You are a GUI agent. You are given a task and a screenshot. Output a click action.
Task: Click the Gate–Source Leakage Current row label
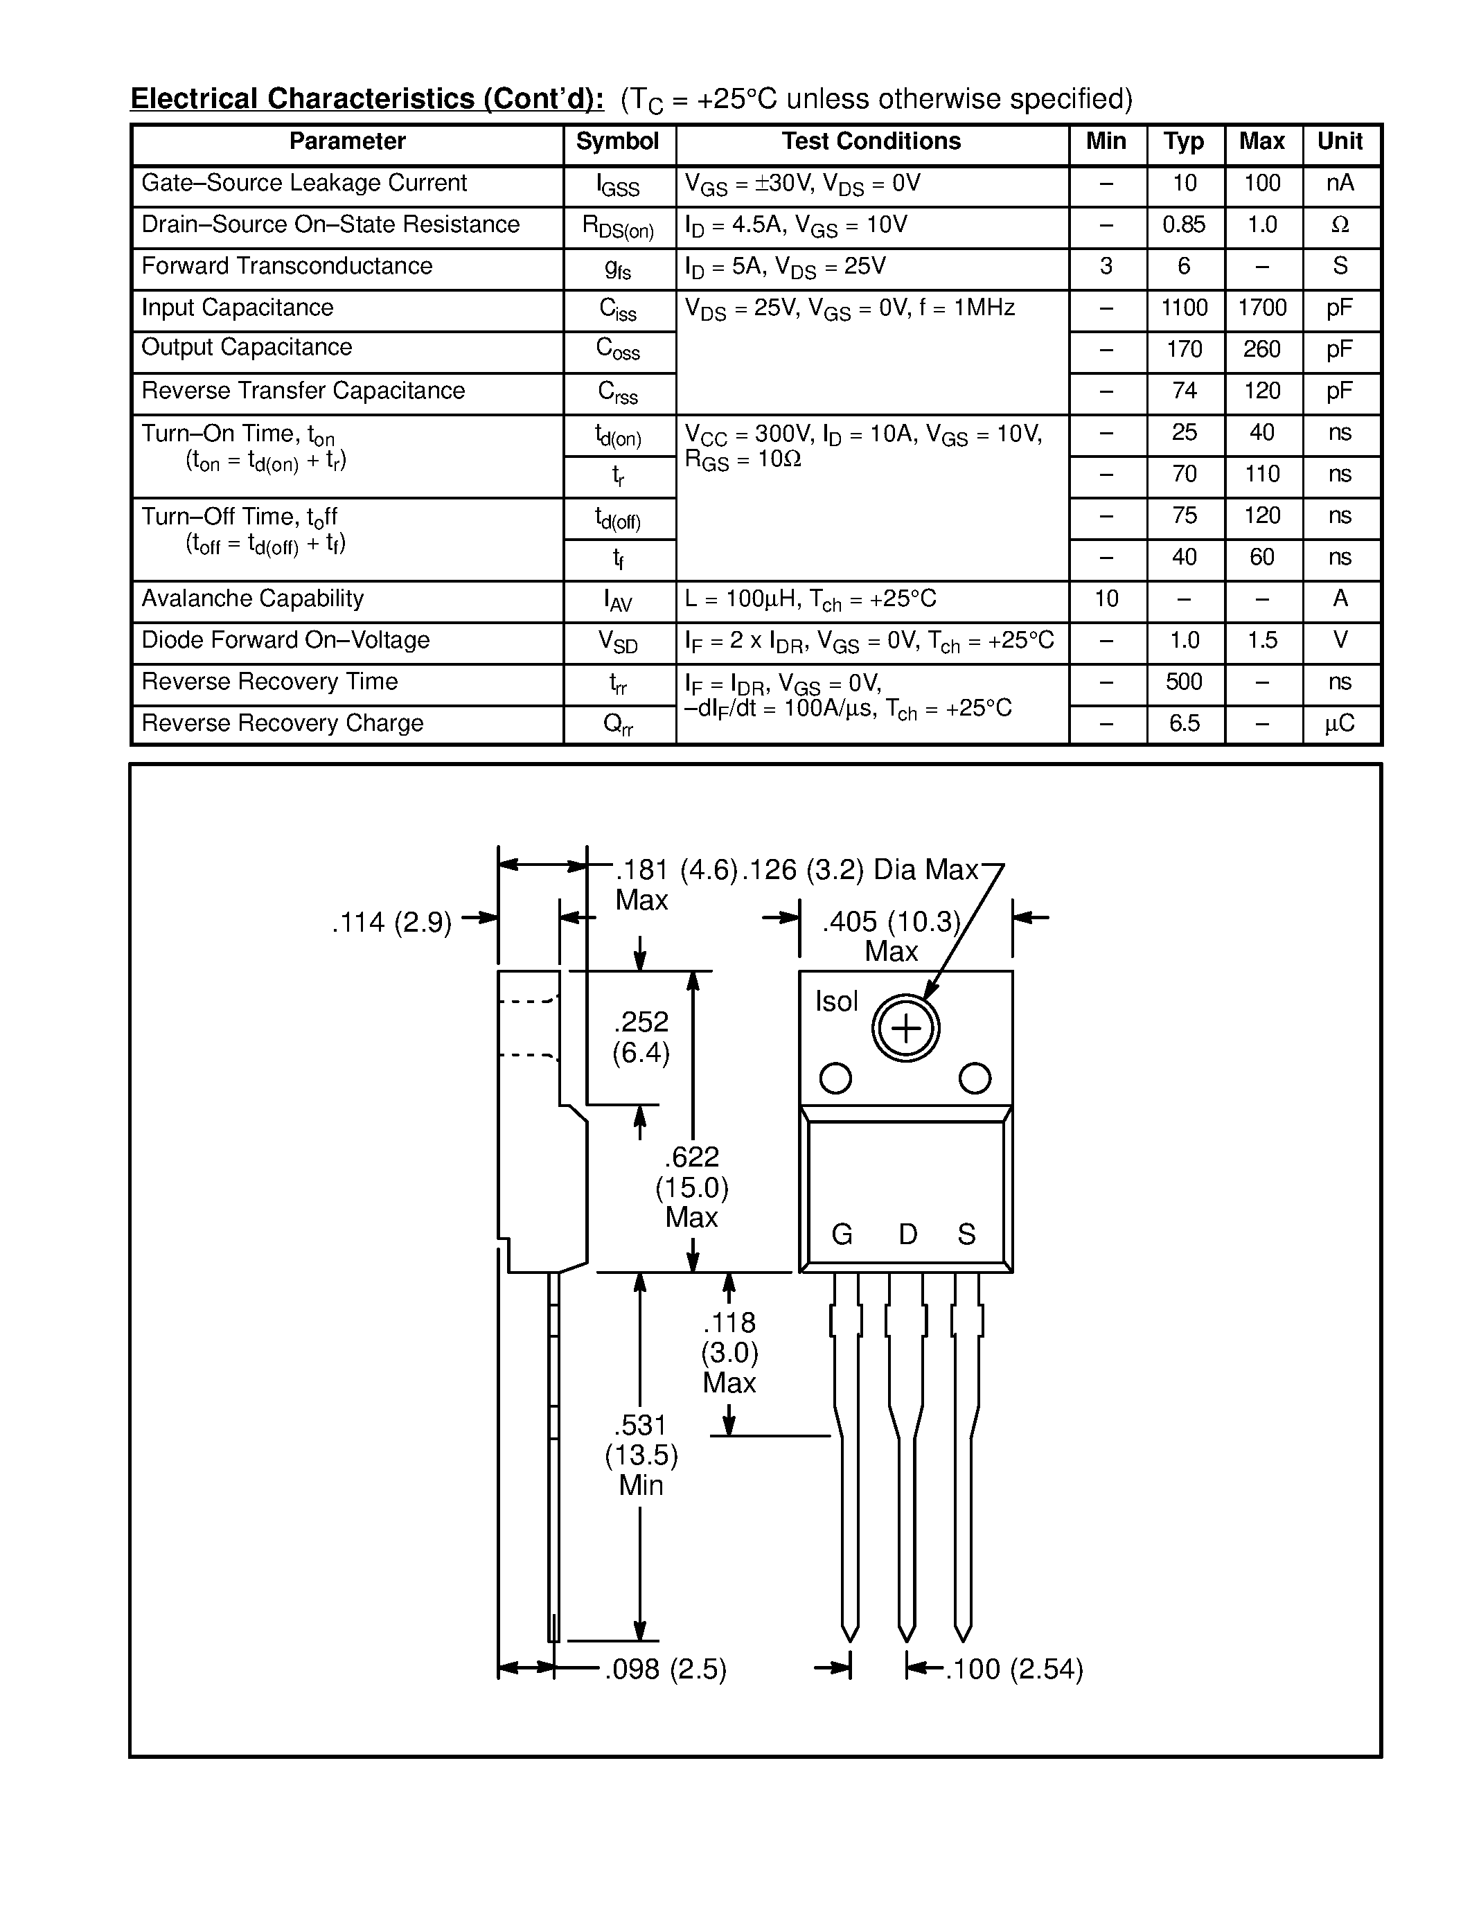[304, 183]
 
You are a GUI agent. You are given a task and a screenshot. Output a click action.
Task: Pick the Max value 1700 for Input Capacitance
[1262, 308]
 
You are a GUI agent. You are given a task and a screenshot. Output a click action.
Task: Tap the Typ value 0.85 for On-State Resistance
[1183, 225]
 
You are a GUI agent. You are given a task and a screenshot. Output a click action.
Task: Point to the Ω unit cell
[1340, 225]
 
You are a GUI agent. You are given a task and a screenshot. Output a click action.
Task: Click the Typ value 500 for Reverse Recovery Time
[1183, 682]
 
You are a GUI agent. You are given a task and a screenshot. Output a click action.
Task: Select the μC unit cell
[1340, 724]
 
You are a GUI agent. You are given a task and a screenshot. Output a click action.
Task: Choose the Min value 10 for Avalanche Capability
[1106, 599]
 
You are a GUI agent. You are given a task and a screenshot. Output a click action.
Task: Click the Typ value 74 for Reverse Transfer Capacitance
[1183, 391]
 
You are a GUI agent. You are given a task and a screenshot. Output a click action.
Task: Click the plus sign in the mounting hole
[906, 1029]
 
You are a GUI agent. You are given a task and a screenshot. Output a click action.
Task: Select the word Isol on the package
[836, 1002]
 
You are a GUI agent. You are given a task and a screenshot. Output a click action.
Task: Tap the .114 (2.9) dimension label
[391, 922]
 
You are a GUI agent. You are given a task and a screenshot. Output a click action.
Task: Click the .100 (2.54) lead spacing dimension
[1014, 1669]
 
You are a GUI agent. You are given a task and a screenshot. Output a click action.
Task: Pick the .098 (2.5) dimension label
[666, 1669]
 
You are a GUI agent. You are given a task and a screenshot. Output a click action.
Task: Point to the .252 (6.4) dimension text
[641, 1037]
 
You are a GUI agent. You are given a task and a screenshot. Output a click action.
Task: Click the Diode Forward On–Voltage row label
[285, 640]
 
